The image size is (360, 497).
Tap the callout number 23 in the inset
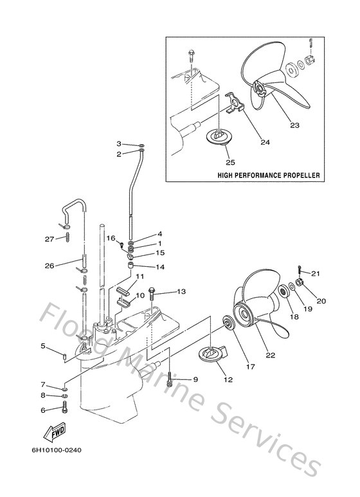click(x=295, y=126)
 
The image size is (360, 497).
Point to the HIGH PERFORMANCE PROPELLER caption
click(x=269, y=175)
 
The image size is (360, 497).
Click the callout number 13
click(x=181, y=292)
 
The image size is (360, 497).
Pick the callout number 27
click(x=49, y=239)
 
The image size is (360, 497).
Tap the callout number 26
click(x=49, y=264)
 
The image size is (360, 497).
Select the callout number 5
click(x=43, y=346)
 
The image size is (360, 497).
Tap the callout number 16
click(x=111, y=238)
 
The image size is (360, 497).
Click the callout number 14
click(x=159, y=266)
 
